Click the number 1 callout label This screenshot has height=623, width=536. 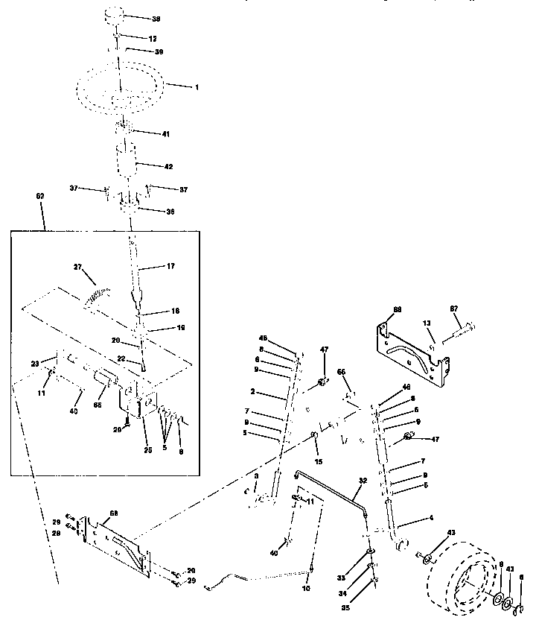(197, 87)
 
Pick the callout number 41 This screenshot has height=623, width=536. (166, 134)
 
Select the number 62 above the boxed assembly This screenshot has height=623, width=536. (40, 195)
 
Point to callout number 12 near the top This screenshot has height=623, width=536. (153, 37)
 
